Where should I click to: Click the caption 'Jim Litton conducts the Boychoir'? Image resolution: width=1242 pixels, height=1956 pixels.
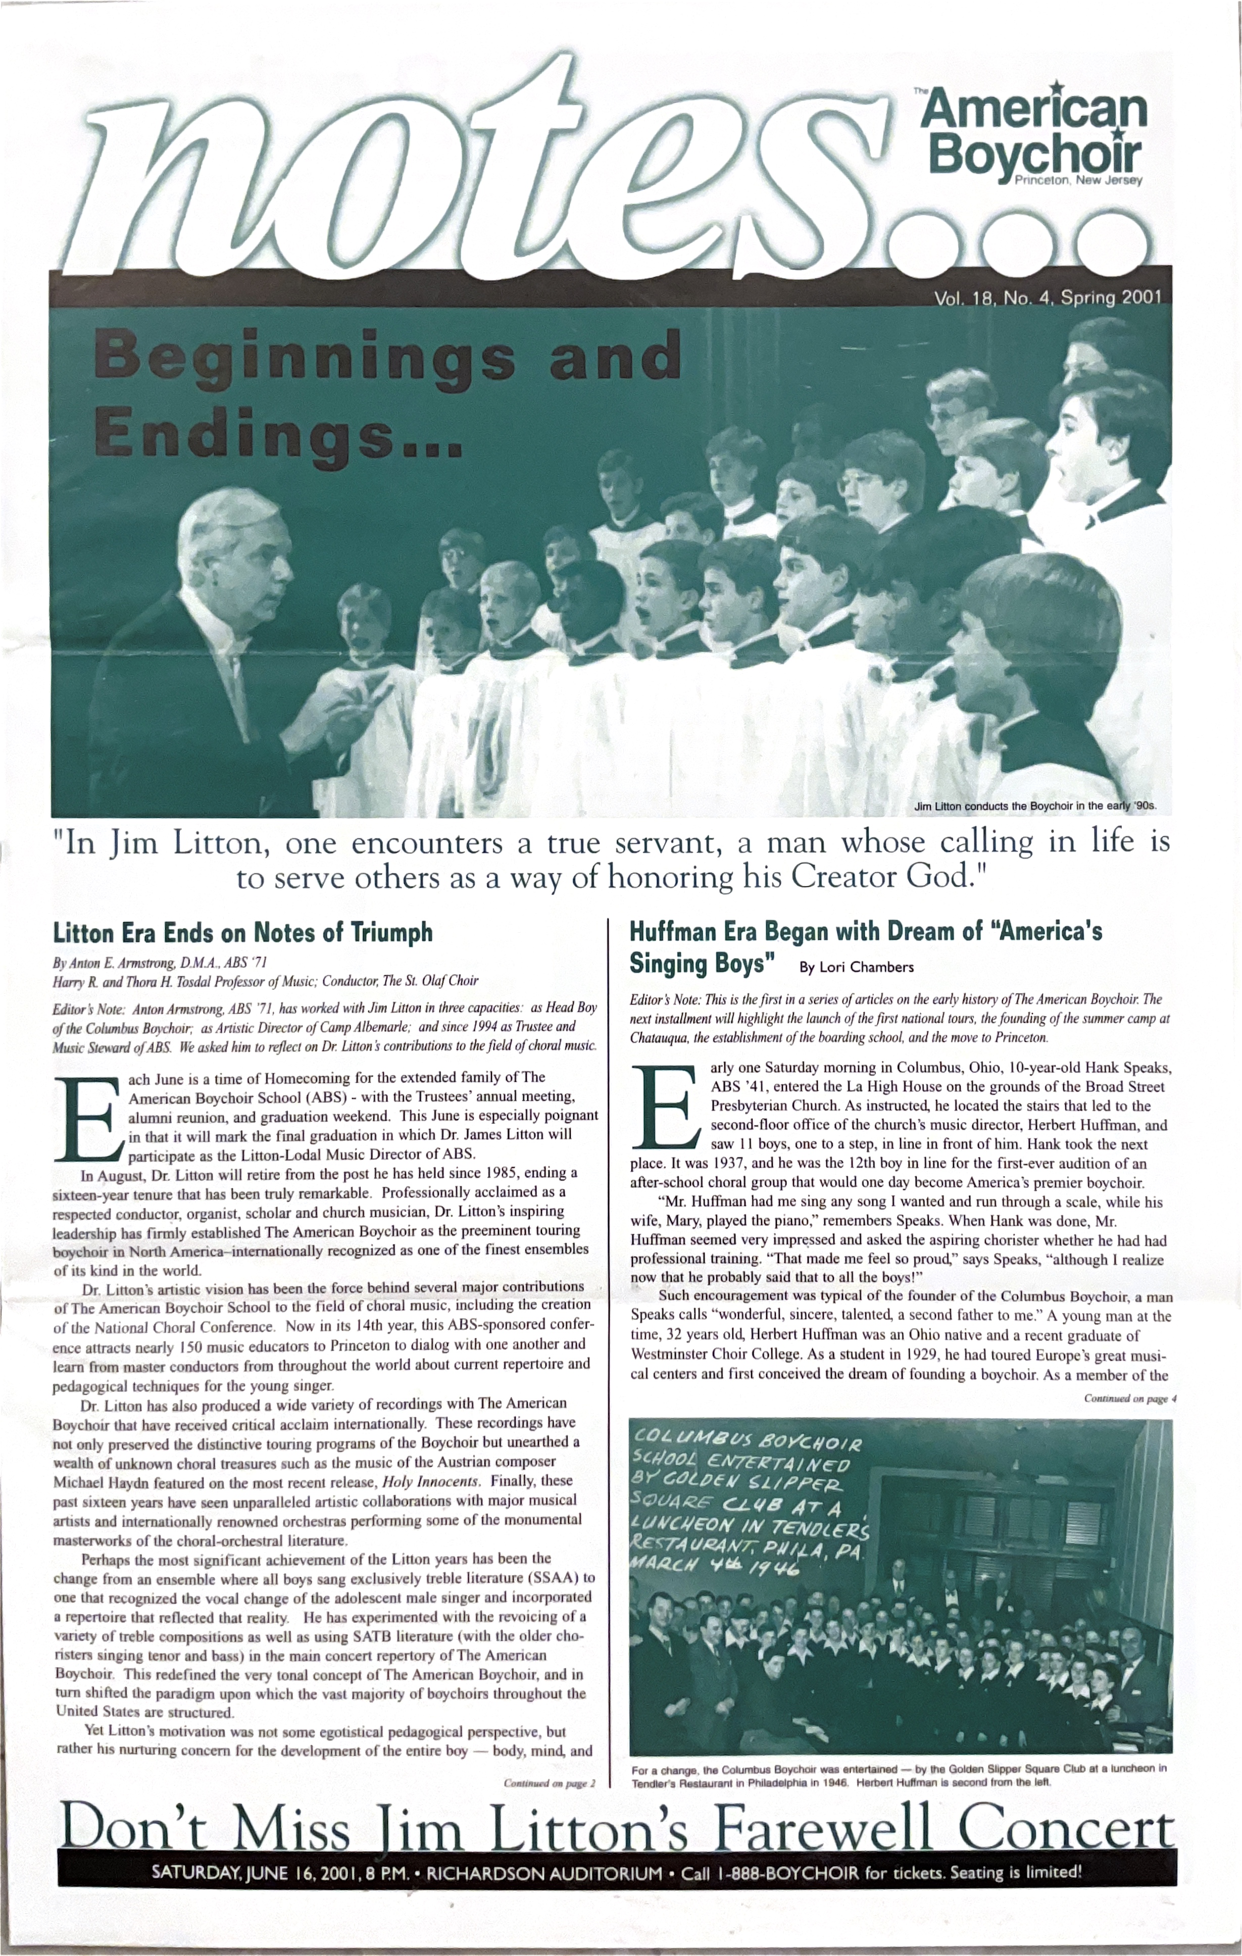click(x=1033, y=807)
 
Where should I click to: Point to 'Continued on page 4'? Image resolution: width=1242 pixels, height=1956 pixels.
click(x=1128, y=1399)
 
